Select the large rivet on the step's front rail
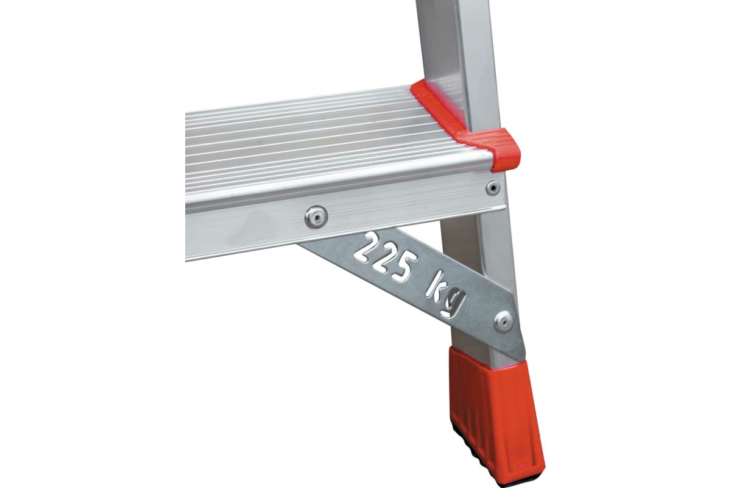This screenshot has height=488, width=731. [316, 217]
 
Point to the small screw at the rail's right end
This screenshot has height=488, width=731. [493, 188]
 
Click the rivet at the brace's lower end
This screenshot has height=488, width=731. [503, 322]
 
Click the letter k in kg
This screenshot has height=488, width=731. [434, 288]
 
